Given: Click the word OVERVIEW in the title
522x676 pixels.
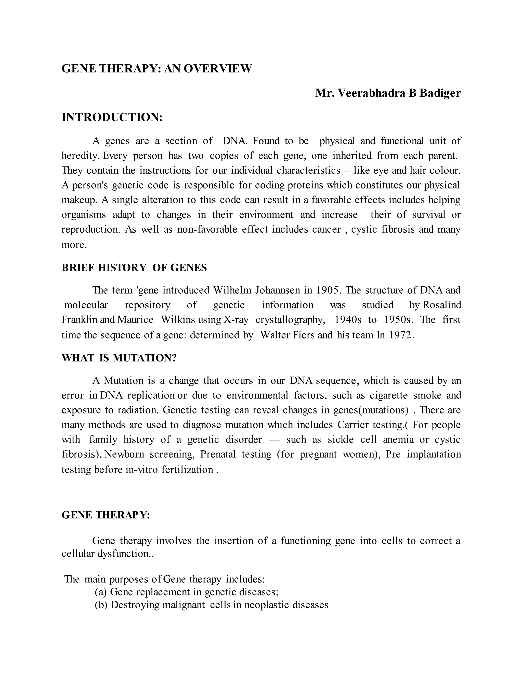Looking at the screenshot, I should point(218,68).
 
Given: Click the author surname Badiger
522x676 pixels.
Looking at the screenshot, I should point(440,93).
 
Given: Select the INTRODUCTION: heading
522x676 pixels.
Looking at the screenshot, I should point(112,117).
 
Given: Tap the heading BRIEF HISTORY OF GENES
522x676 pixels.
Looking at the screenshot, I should point(134,267).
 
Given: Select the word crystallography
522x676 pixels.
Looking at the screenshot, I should point(290,319).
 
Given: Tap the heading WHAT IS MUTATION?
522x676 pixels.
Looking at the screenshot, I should point(119,358).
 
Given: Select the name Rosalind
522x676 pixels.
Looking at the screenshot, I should point(442,305).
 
